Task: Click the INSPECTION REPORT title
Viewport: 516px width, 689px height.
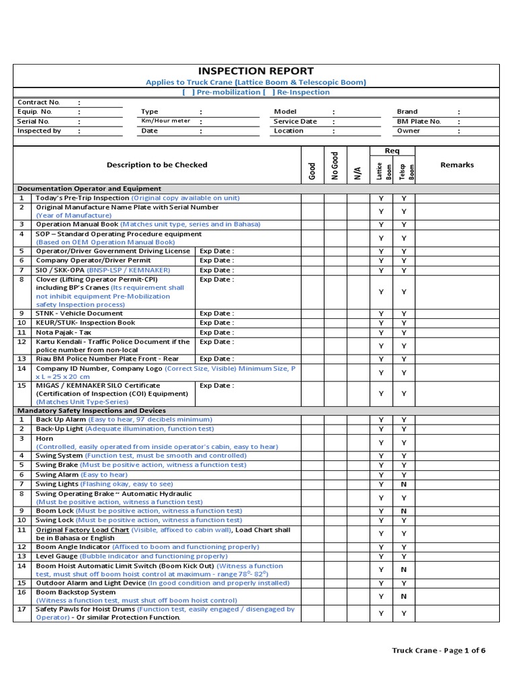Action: coord(255,71)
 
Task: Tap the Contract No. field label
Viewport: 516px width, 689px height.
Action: coord(38,102)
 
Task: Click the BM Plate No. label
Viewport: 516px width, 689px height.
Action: coord(419,121)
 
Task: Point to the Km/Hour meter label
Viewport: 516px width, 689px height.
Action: coord(165,121)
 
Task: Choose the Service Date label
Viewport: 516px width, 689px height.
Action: coord(295,121)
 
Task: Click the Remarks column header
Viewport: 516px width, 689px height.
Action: coord(457,164)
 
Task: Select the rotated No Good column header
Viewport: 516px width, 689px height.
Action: coord(335,164)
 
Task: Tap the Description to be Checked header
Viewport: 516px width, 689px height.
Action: coord(157,164)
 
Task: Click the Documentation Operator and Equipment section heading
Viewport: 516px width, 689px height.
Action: coord(89,188)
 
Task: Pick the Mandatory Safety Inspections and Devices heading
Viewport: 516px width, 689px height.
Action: coord(91,410)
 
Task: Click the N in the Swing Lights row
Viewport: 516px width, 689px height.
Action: coord(404,484)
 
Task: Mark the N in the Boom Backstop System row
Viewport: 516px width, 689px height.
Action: coord(404,596)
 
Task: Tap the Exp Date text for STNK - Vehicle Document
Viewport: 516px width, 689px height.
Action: coord(216,313)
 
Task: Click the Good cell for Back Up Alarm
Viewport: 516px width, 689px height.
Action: coord(312,419)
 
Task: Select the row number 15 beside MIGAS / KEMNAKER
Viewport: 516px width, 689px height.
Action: coord(21,386)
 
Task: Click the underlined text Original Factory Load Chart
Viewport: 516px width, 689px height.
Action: coord(82,530)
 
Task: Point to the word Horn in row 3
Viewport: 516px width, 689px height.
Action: coord(44,439)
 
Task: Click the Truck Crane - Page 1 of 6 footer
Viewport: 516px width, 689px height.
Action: coord(439,650)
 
